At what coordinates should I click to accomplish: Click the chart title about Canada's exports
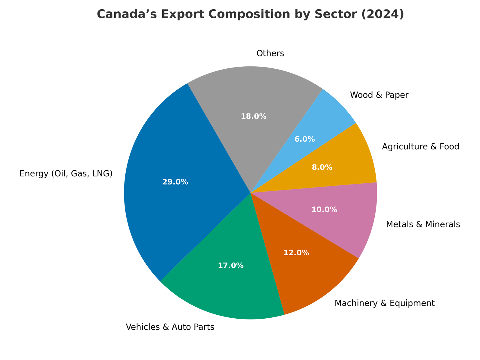click(x=250, y=15)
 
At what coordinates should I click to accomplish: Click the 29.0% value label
click(x=175, y=182)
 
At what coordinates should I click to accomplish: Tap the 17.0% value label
click(x=230, y=265)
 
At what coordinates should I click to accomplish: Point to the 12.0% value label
click(x=296, y=253)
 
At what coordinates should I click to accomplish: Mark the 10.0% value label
click(x=324, y=210)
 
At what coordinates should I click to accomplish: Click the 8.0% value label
click(x=322, y=167)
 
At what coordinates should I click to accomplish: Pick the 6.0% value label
click(x=305, y=139)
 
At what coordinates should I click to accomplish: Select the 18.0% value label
click(x=254, y=116)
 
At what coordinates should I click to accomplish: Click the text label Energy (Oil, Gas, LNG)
click(x=66, y=174)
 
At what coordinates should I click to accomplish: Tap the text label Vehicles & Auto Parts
click(x=170, y=327)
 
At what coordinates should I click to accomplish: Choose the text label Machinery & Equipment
click(x=385, y=303)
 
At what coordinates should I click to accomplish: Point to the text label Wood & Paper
click(x=379, y=95)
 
